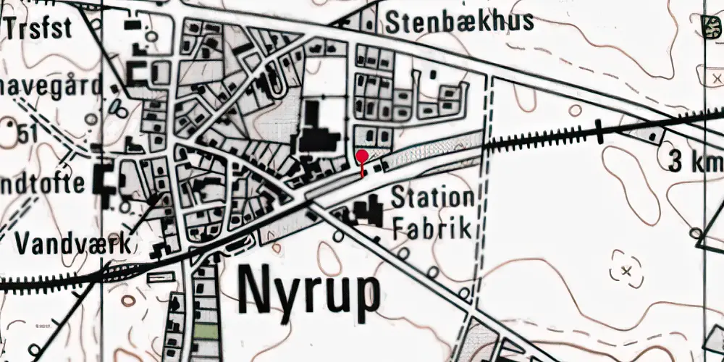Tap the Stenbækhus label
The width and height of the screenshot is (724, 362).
(460, 22)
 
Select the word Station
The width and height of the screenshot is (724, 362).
(432, 198)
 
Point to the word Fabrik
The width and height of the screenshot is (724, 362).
(432, 229)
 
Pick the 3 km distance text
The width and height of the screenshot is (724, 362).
(694, 162)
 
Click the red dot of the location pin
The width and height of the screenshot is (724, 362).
(362, 155)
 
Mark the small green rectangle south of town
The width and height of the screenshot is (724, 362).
(206, 334)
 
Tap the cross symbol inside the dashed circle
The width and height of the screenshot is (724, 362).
(626, 272)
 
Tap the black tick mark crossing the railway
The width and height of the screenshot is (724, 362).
(600, 131)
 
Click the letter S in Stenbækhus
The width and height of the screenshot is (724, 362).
(395, 22)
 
